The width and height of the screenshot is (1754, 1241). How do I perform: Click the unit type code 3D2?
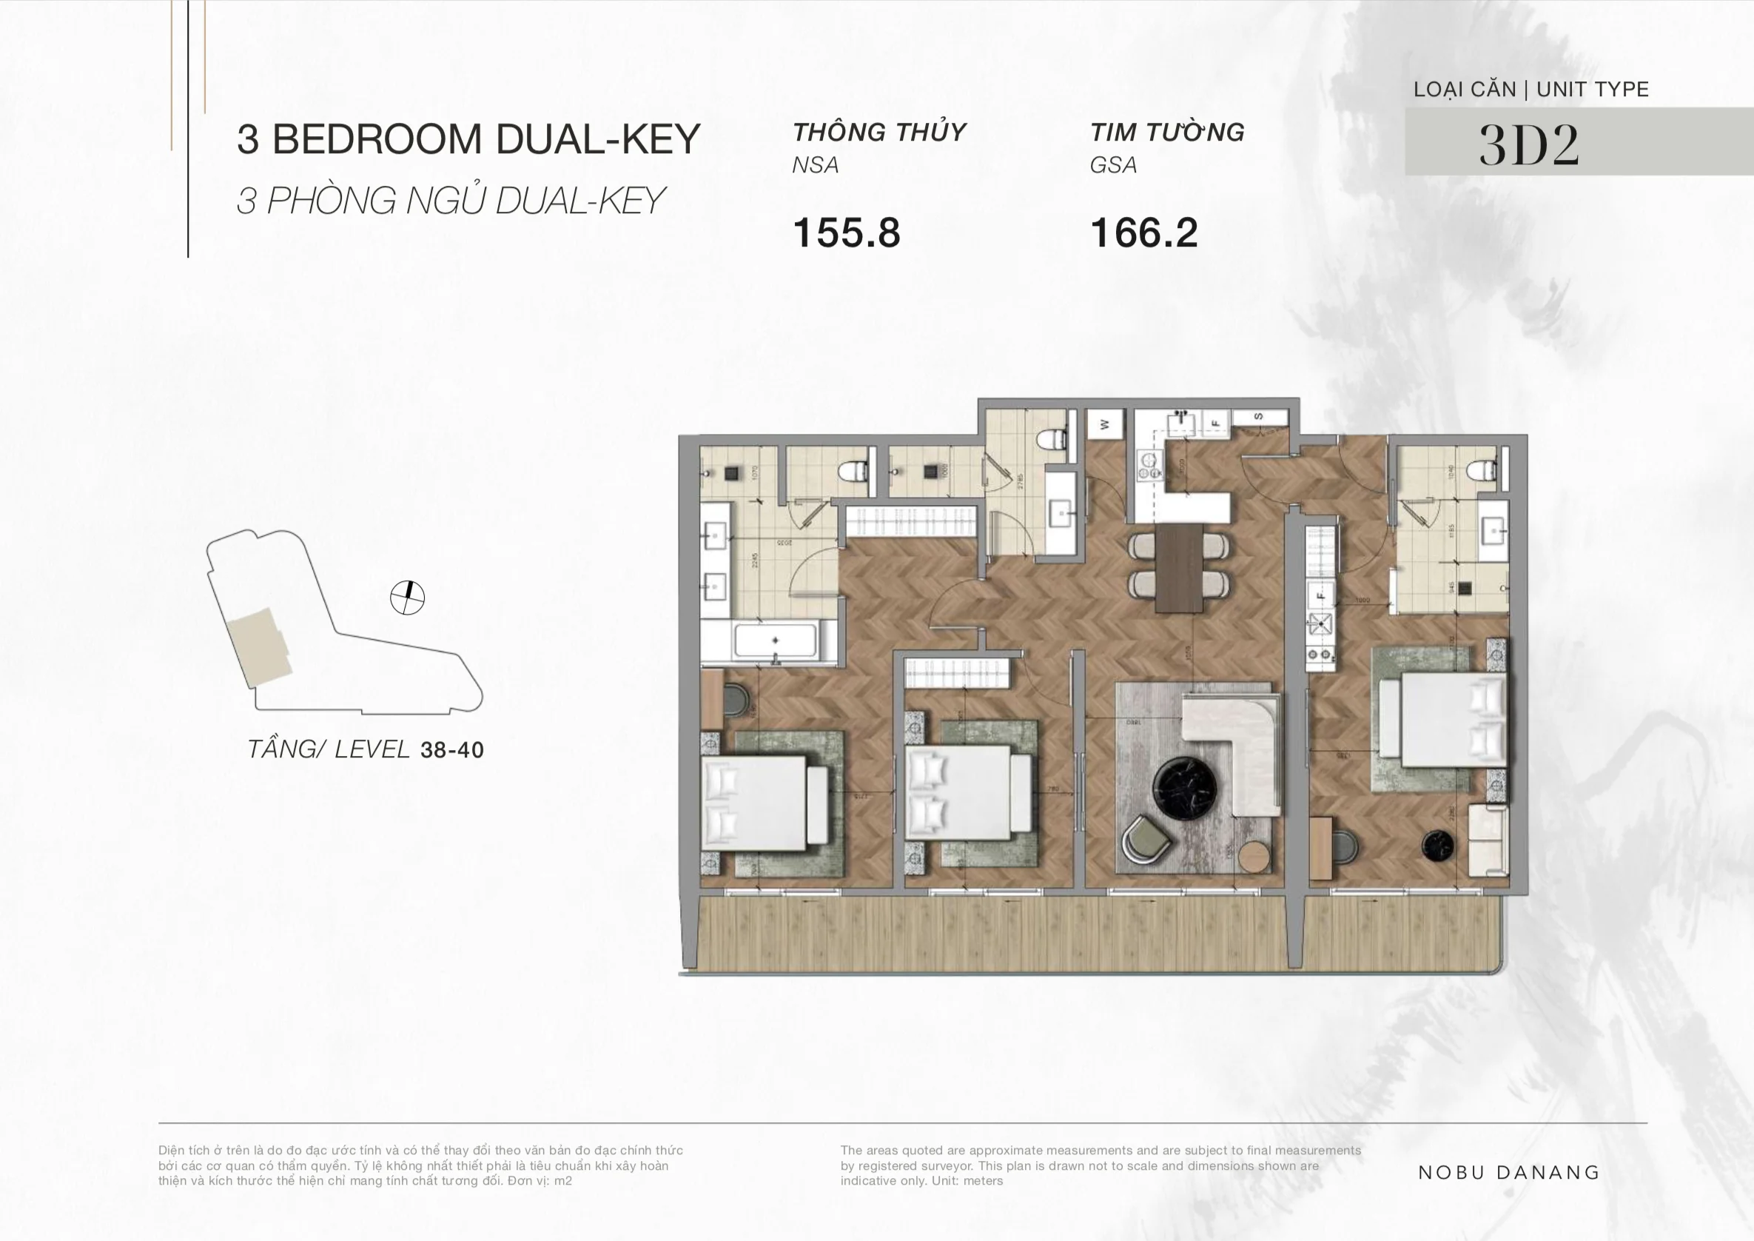pos(1528,144)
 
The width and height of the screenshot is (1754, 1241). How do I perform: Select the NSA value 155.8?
pos(847,233)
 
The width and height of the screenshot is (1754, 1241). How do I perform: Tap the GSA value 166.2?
pos(1143,233)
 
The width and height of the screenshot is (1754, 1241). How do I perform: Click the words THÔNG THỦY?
pos(878,133)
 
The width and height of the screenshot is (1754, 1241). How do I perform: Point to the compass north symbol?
pos(407,598)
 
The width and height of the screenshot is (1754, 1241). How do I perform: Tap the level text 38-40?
pos(451,749)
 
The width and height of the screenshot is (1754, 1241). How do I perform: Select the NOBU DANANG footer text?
pos(1509,1172)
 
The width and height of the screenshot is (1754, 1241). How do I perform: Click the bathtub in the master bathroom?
pos(775,640)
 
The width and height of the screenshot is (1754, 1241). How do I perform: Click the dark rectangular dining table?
pos(1180,567)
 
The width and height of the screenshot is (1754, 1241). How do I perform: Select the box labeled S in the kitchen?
pos(1258,416)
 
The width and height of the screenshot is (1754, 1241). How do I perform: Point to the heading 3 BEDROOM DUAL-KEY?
pos(468,139)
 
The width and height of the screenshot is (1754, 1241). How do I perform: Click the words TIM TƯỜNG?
pos(1166,133)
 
